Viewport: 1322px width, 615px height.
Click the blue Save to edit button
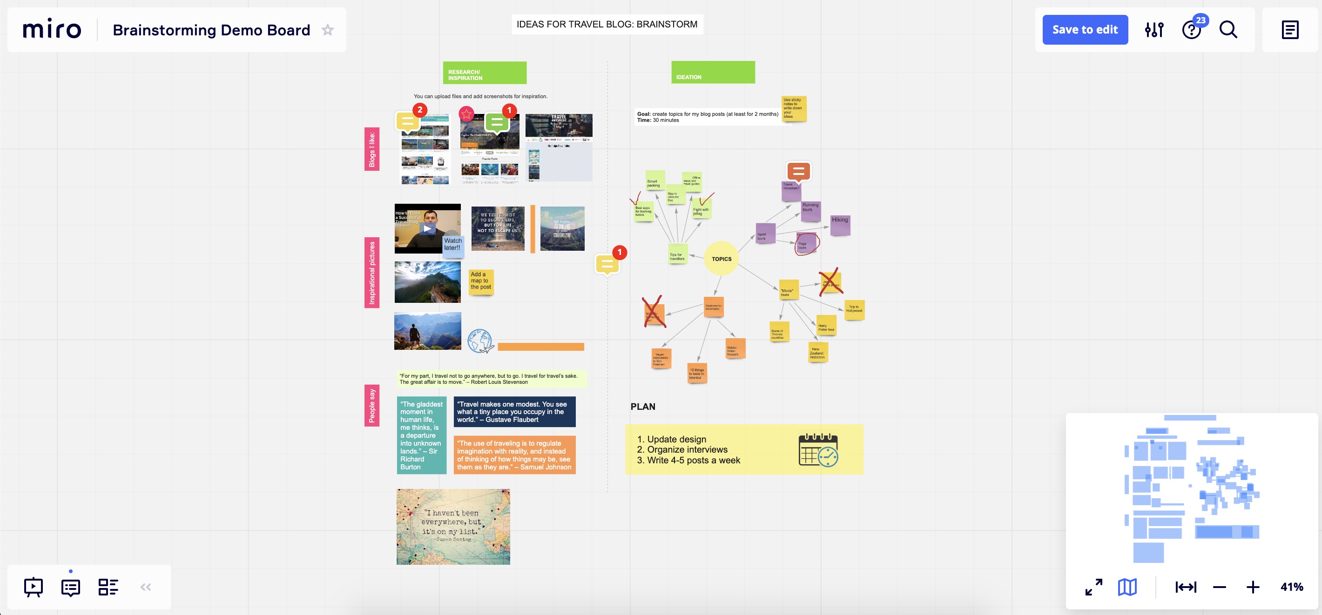[x=1085, y=30]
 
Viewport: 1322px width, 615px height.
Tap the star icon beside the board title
[x=327, y=30]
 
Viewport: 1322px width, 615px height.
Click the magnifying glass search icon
[x=1228, y=30]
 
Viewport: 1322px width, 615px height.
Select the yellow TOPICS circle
[x=721, y=259]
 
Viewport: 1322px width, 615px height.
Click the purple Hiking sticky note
[x=840, y=225]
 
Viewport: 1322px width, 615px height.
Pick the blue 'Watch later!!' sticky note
[x=452, y=244]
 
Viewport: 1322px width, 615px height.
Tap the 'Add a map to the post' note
[x=481, y=281]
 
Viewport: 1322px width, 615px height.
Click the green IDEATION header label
[x=713, y=72]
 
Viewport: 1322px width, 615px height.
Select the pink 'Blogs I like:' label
[x=372, y=149]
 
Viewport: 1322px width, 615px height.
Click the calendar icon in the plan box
[x=818, y=450]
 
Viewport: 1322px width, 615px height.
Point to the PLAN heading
[x=642, y=407]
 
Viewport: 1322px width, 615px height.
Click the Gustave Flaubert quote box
[x=514, y=412]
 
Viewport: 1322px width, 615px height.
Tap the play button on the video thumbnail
[x=427, y=229]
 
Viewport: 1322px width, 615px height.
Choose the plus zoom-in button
[x=1253, y=587]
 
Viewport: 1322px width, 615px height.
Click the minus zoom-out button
[x=1220, y=587]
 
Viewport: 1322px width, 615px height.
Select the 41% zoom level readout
[x=1291, y=587]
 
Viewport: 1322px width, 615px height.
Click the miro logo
[x=52, y=29]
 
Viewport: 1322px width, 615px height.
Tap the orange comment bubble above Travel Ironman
[x=798, y=171]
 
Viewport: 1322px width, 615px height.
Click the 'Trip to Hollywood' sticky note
[x=854, y=309]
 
